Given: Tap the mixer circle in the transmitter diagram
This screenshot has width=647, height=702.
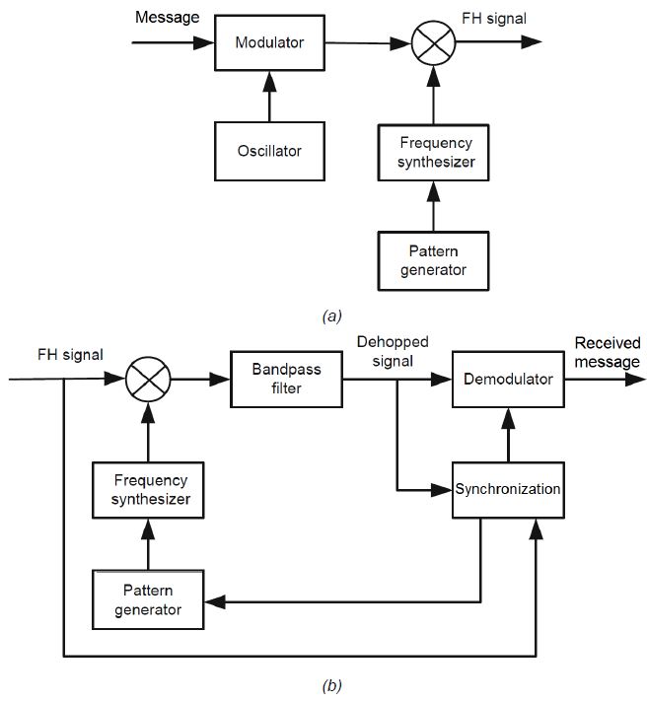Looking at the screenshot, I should (430, 42).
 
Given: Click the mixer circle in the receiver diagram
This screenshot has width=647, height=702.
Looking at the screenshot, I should (149, 379).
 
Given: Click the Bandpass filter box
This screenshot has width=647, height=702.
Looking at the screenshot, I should (287, 379).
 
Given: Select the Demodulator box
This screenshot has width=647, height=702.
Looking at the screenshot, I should (509, 379).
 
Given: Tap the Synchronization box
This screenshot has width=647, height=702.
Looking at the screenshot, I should (509, 489).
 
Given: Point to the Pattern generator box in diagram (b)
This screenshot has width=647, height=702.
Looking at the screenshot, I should (148, 599).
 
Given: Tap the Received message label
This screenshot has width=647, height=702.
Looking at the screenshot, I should (608, 352).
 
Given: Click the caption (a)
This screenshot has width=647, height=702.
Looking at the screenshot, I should (332, 316).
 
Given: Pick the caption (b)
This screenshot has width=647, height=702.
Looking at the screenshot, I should (332, 684).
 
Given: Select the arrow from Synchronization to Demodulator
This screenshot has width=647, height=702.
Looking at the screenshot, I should (509, 434).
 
